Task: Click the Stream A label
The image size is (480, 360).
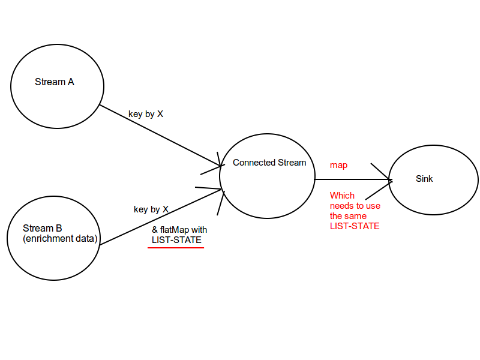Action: [55, 82]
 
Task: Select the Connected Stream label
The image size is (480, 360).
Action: [269, 163]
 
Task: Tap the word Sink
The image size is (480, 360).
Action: [424, 179]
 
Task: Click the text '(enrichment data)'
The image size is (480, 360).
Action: [59, 239]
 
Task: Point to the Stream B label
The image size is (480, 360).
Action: [42, 228]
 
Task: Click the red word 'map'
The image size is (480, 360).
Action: [338, 165]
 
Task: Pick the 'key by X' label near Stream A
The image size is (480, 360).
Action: [146, 113]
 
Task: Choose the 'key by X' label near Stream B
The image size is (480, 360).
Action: [151, 209]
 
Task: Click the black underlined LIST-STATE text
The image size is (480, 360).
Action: [176, 240]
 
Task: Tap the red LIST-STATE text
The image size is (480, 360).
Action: [355, 226]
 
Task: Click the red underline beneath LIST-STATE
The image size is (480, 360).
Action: [176, 247]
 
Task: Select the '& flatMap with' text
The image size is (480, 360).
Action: [179, 230]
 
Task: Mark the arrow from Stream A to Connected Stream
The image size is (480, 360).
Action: [159, 135]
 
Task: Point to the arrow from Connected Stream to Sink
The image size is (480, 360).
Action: [351, 179]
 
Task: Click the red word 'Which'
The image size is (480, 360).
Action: [342, 195]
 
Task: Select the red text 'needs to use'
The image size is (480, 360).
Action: [355, 205]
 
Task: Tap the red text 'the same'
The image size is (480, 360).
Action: [348, 215]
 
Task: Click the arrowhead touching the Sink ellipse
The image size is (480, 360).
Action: [387, 179]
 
